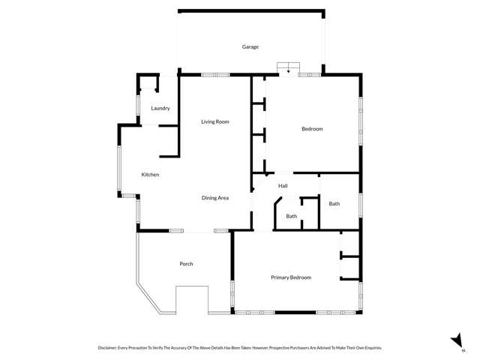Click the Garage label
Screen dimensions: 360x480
pos(250,46)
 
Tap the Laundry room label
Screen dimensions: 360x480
pos(160,108)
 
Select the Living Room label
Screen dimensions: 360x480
pos(215,121)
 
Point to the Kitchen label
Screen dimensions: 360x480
pos(151,175)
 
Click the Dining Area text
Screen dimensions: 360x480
pos(215,198)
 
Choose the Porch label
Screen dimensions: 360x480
pos(187,264)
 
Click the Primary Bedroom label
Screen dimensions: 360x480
pos(291,277)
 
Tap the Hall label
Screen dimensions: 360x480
pos(283,186)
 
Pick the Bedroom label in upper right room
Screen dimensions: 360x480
pos(312,129)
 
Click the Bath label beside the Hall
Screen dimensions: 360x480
pos(334,203)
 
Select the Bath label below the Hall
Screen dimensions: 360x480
pos(291,217)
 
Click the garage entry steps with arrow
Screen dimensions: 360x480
pos(289,67)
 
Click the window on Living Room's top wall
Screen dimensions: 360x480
pos(215,74)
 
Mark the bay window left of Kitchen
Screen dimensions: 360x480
pos(119,169)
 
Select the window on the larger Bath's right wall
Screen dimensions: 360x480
pos(361,205)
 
